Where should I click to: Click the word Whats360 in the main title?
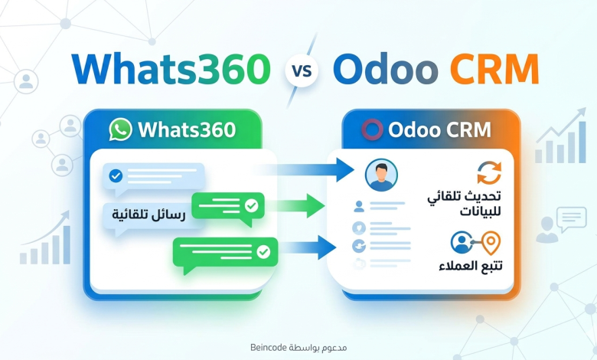171,70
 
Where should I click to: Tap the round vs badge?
302,70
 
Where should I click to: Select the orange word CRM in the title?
494,70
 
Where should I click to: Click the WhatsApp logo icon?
120,129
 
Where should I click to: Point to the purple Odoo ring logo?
372,129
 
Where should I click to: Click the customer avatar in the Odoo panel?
381,175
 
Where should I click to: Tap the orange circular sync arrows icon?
489,172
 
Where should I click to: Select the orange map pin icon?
491,243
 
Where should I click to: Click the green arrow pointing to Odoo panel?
297,206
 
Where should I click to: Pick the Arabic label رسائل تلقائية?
148,215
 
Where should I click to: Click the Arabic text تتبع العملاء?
471,266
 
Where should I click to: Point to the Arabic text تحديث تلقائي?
464,197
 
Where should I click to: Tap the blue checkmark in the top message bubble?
116,175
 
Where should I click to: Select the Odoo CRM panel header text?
440,130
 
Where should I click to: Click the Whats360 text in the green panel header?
187,130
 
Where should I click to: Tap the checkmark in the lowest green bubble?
263,251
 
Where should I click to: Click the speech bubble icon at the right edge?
572,219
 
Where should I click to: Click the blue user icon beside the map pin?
462,242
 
